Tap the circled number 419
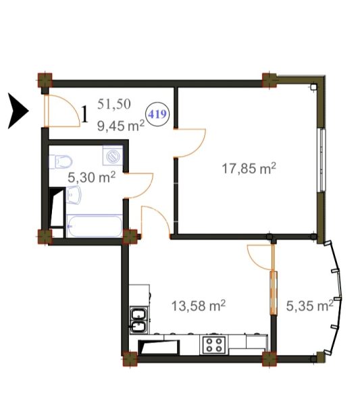[x=157, y=114]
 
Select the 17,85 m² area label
[x=249, y=169]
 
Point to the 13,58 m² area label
[x=199, y=306]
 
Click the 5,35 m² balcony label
[x=309, y=306]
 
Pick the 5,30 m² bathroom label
[x=91, y=178]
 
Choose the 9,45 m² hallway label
[x=121, y=126]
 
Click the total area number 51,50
[x=114, y=105]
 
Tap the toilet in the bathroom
[x=61, y=162]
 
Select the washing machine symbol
[x=113, y=155]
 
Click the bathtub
[x=95, y=226]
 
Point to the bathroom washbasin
[x=74, y=195]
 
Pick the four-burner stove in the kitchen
[x=214, y=345]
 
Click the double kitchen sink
[x=140, y=320]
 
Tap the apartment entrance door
[x=61, y=111]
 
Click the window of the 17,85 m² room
[x=322, y=160]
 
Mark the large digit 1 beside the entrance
[x=85, y=115]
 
